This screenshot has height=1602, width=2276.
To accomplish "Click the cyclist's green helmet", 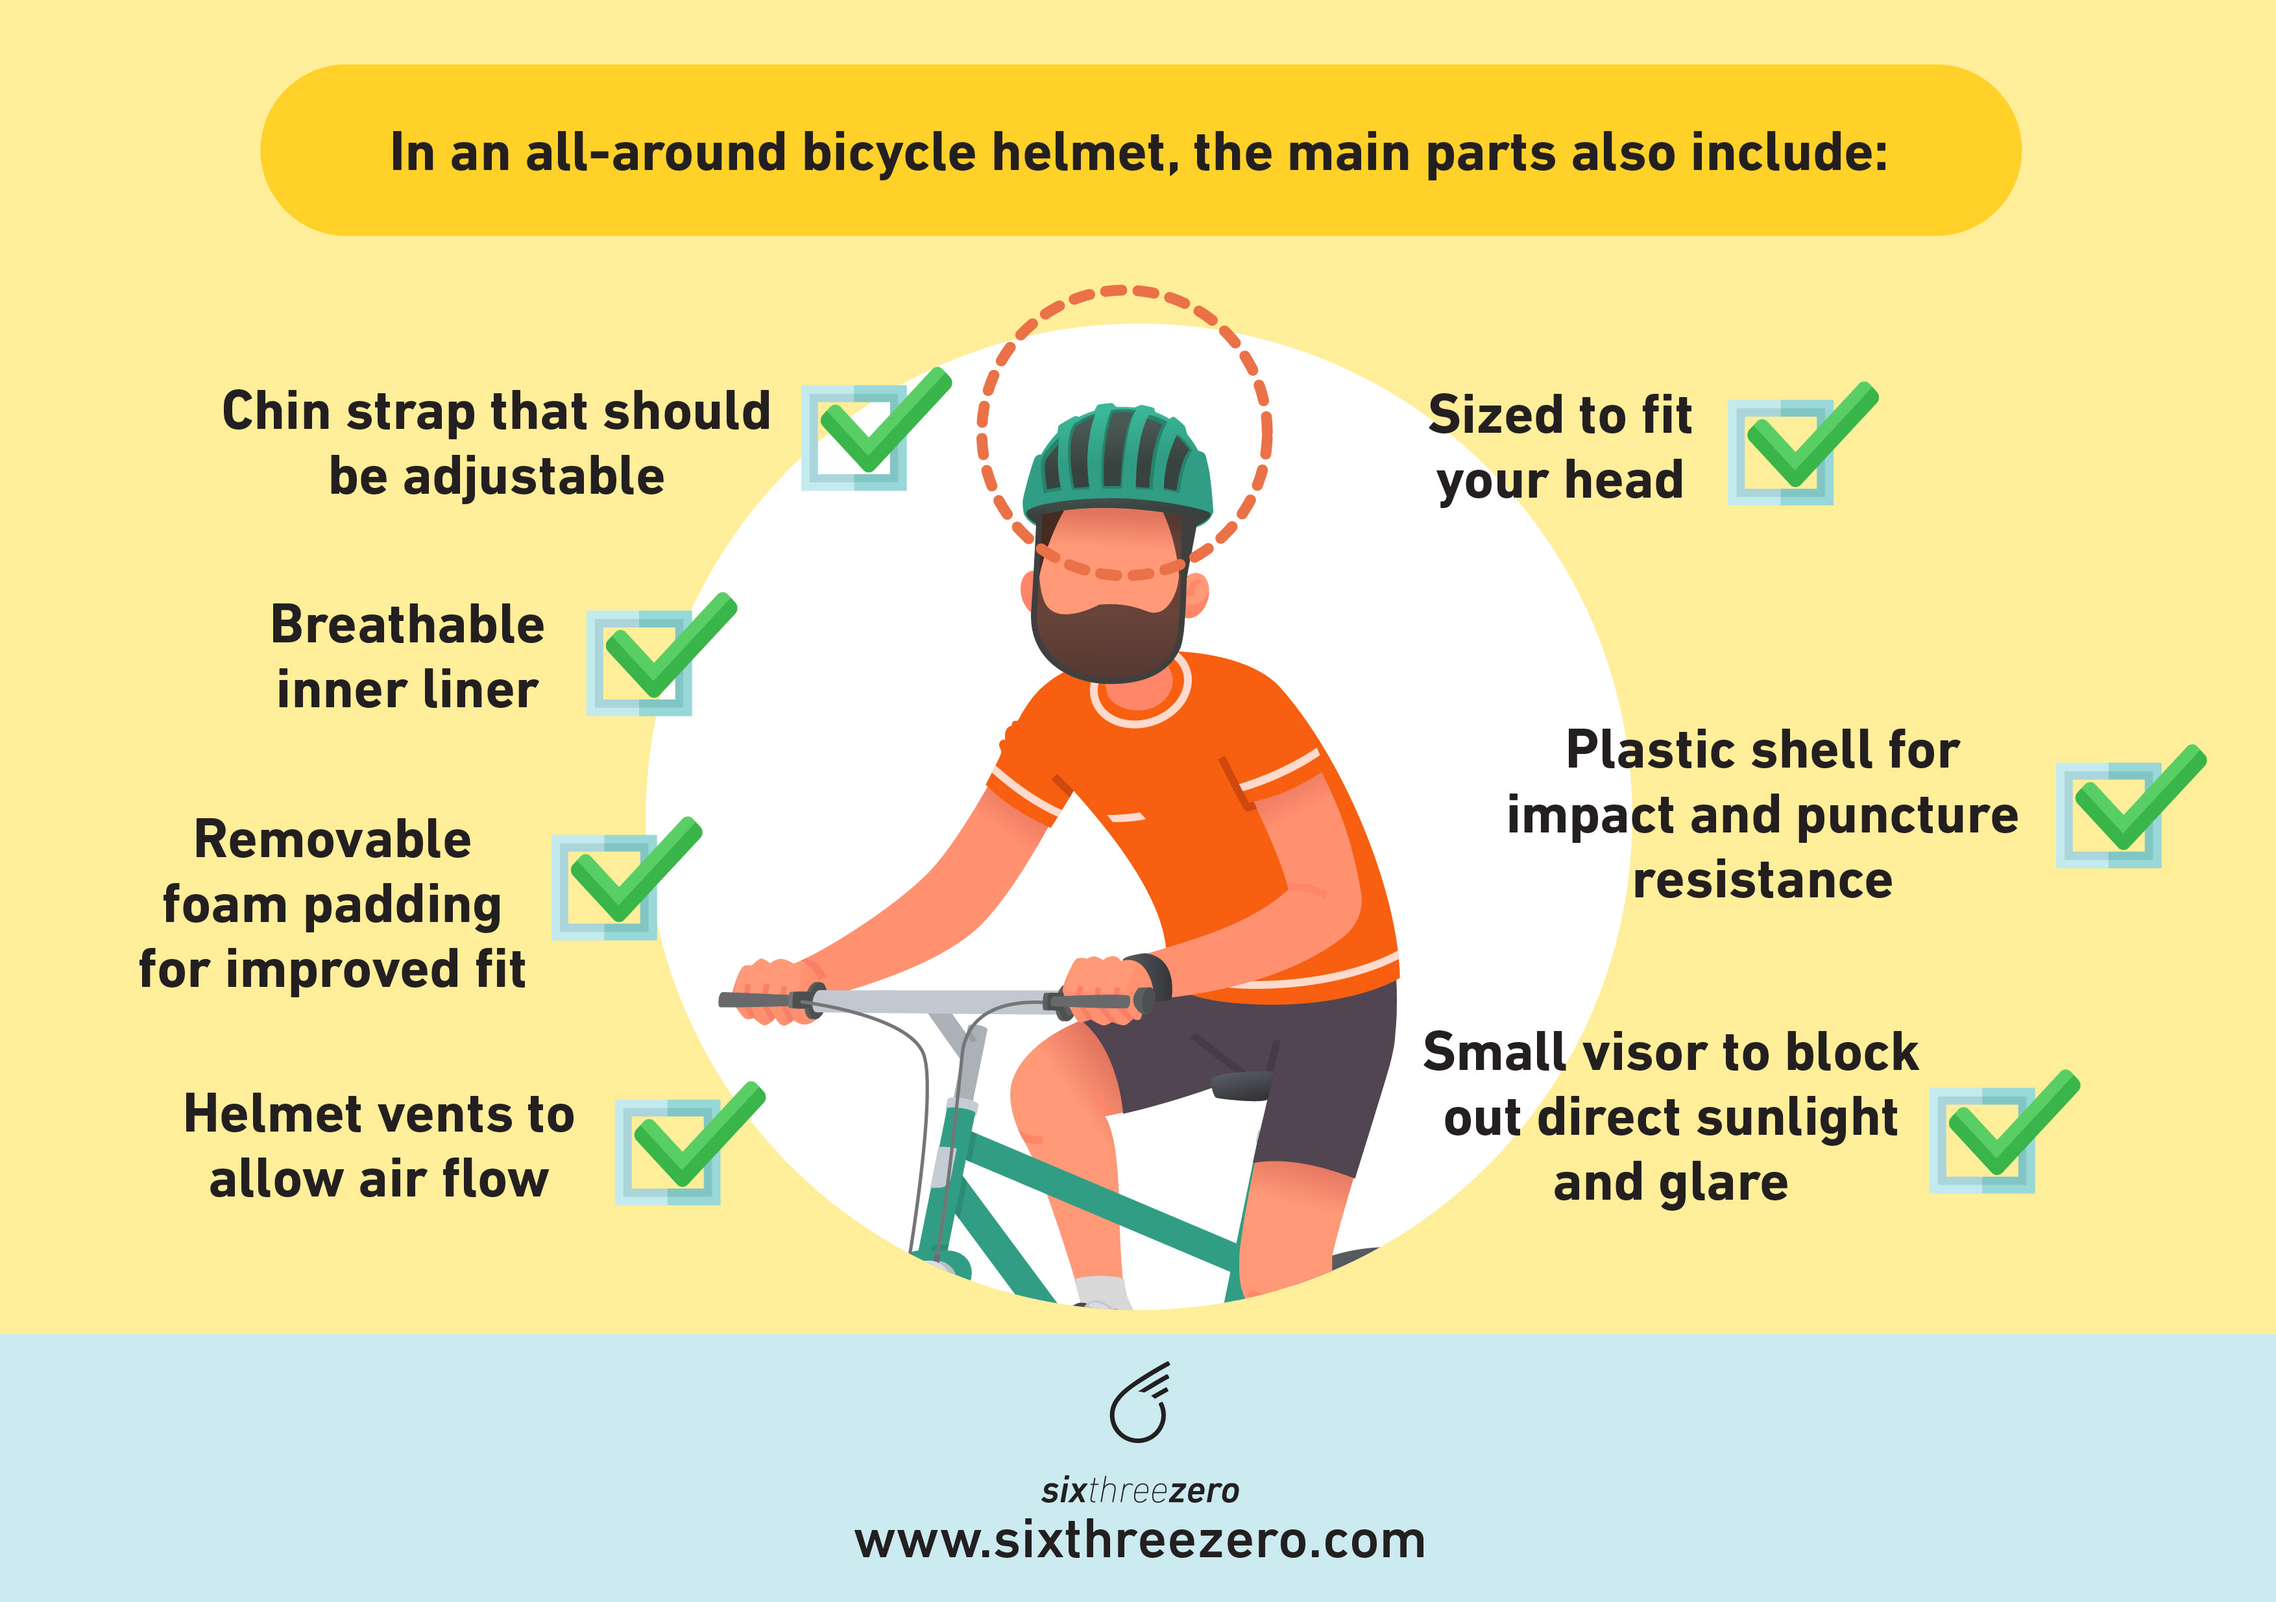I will click(x=1118, y=461).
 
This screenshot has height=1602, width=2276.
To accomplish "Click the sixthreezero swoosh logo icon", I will click(x=1140, y=1403).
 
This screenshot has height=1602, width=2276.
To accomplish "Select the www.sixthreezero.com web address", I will click(x=1140, y=1540).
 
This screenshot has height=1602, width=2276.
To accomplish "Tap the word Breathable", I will click(x=407, y=625).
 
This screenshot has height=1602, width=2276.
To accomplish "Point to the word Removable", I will click(x=332, y=840).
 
